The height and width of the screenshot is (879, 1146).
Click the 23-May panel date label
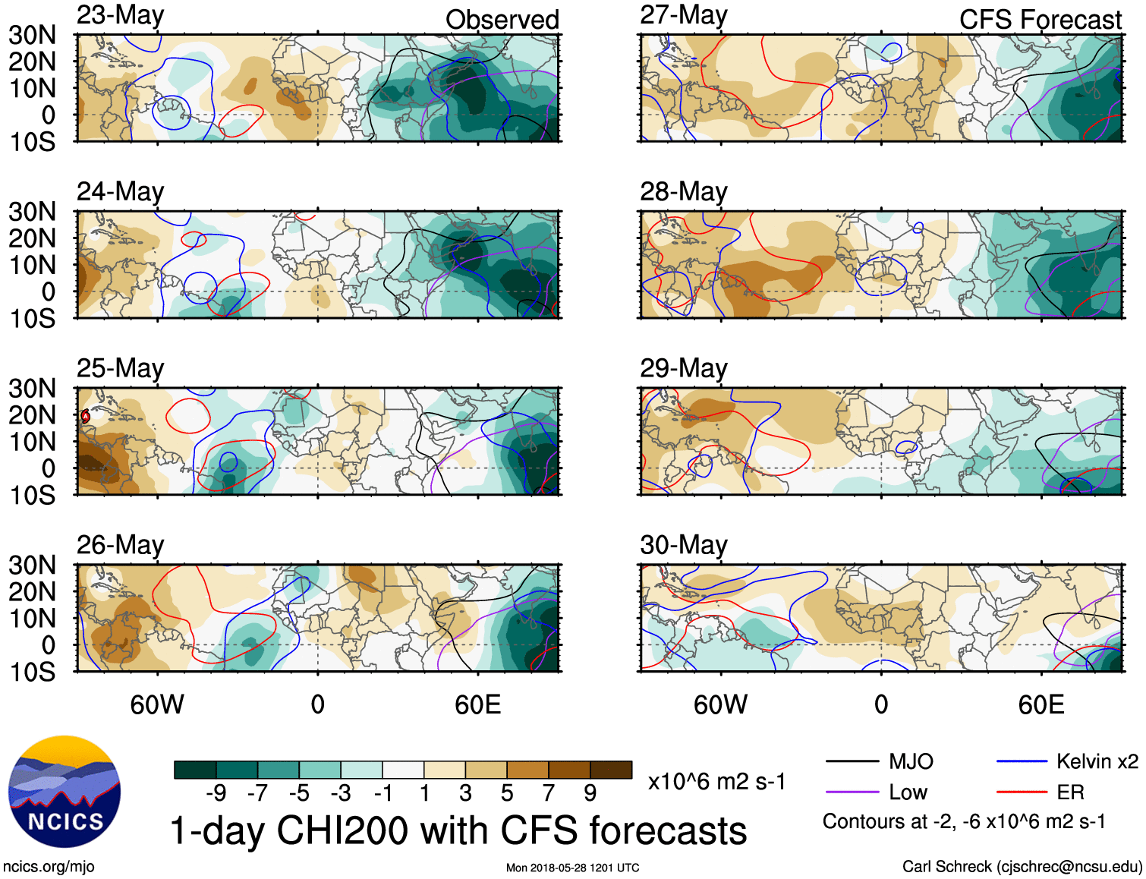(120, 15)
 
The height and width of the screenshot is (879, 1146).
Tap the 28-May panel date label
(683, 191)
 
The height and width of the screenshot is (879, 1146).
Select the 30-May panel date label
(683, 544)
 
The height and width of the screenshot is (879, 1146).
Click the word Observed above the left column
(502, 20)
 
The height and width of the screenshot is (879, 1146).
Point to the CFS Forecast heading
(1040, 20)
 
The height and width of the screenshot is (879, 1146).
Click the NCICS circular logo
(65, 792)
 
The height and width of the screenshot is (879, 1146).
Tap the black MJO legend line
(852, 761)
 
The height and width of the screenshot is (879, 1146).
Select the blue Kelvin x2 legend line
(1022, 761)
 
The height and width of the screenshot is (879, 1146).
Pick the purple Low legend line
(852, 792)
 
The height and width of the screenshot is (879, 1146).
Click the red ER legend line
(1022, 792)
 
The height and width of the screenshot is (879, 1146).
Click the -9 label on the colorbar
(216, 793)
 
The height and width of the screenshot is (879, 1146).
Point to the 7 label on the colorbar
(548, 793)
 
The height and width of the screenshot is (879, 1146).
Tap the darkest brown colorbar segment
(611, 770)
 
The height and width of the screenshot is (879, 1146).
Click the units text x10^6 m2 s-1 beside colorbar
(716, 781)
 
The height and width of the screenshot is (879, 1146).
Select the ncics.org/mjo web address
(49, 866)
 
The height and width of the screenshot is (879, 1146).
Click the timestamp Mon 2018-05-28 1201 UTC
(572, 868)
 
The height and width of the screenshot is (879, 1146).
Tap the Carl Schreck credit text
(1022, 866)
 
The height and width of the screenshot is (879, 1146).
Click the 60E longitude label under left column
(477, 705)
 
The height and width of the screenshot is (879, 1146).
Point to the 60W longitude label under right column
(720, 705)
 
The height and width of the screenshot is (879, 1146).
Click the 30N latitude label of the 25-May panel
(32, 389)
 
